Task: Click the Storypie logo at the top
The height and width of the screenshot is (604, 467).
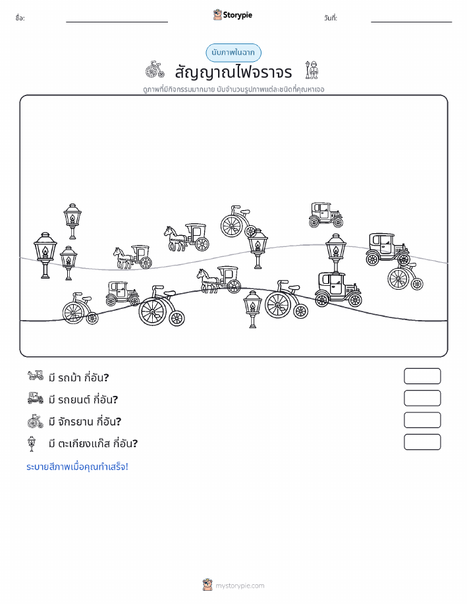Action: point(233,15)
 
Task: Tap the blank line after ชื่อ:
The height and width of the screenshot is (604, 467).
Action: point(117,22)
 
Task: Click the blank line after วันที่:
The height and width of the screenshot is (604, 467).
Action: point(411,22)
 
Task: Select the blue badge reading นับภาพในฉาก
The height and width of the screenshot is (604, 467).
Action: point(233,53)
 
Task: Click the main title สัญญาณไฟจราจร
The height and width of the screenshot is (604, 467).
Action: point(233,72)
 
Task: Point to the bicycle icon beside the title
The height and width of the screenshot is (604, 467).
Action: point(155,70)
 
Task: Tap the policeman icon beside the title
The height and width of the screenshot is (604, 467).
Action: point(312,70)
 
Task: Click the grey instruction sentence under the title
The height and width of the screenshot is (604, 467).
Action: point(233,90)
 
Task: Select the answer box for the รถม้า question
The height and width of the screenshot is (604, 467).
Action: point(422,376)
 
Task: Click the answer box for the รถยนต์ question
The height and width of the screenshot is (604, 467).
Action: point(422,398)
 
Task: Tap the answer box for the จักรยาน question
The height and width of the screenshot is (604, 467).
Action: point(422,420)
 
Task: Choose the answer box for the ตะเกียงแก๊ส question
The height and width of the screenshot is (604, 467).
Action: point(422,442)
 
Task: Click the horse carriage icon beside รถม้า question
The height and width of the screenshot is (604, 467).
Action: point(36,375)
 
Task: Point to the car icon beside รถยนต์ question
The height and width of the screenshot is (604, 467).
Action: point(36,398)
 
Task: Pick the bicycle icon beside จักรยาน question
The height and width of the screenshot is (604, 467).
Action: point(36,421)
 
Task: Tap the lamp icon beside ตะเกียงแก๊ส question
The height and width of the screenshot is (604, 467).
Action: point(32,444)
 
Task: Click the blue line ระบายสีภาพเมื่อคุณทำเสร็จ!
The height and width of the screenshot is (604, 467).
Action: point(77,467)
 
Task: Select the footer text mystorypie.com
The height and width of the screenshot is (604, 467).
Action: point(240,586)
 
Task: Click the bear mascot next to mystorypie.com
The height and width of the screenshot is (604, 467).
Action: point(207,584)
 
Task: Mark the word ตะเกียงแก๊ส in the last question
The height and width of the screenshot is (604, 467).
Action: point(85,443)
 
